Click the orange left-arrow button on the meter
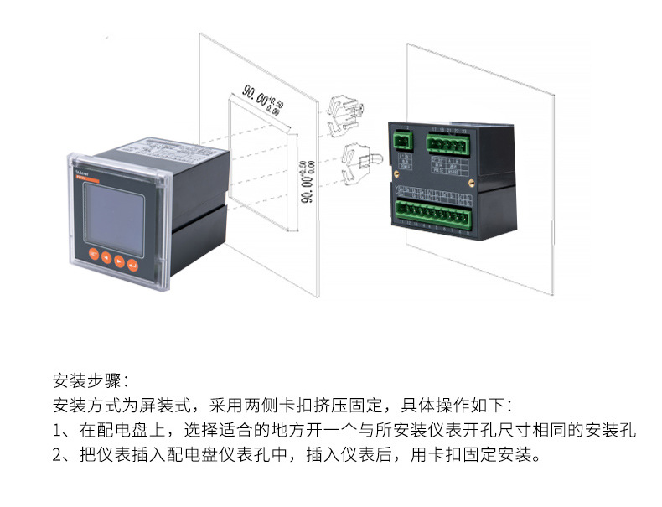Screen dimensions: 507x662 point(107,257)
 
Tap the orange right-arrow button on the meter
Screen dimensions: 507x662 point(121,261)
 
